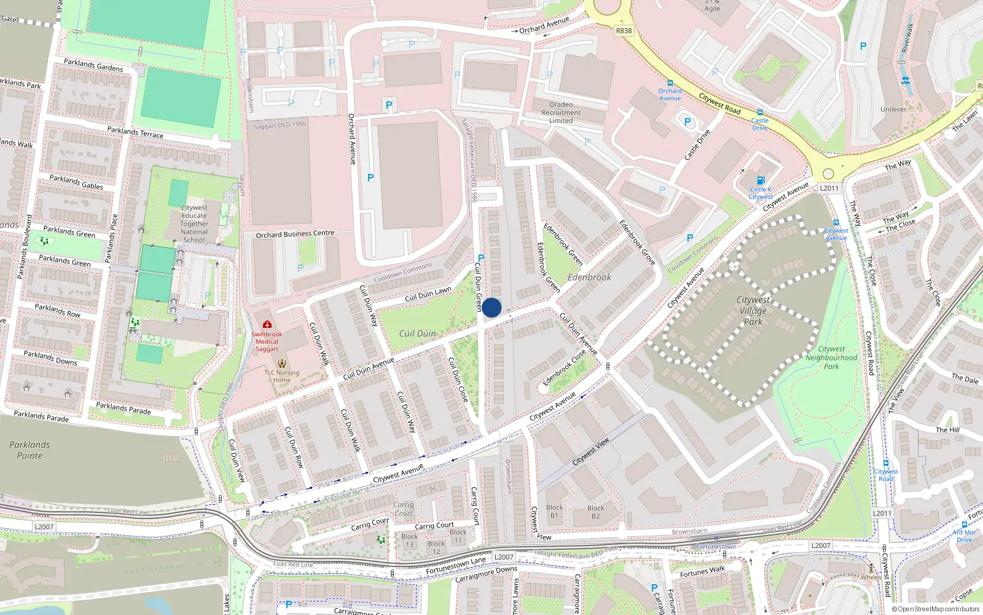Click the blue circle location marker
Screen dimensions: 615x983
coord(491,307)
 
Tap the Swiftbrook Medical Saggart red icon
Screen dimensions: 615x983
coord(267,324)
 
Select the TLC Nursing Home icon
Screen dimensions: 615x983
coord(282,363)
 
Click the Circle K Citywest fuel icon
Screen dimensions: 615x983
coord(761,180)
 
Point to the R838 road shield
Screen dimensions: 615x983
coord(624,31)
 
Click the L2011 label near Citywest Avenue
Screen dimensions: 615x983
coord(829,188)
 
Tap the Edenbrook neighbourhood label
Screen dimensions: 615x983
coord(589,277)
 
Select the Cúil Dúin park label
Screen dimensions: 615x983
coord(417,333)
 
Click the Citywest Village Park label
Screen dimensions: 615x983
coord(753,310)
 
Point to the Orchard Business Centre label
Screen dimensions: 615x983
coord(295,234)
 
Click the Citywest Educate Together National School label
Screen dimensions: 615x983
coord(194,224)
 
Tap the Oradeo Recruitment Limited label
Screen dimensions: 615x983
coord(561,113)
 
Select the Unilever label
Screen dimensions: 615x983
coord(893,109)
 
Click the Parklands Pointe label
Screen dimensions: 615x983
coord(29,450)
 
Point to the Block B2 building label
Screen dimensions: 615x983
coord(595,512)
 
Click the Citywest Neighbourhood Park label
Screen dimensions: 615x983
coord(831,357)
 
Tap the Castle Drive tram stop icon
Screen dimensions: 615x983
coord(760,113)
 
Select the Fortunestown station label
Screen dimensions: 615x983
coord(716,546)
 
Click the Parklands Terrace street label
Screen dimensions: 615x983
coord(135,132)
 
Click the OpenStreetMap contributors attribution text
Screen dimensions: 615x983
coord(936,609)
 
